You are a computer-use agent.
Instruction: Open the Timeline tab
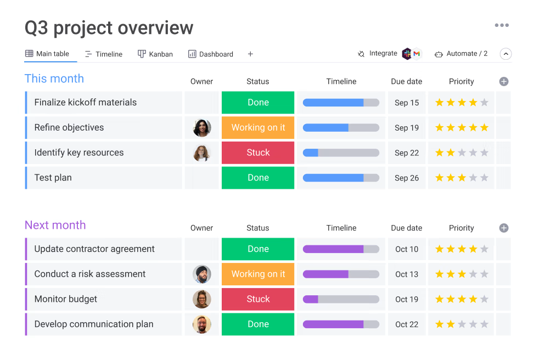tap(104, 54)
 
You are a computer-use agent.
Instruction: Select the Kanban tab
tap(155, 54)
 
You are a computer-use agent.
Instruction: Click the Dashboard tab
tap(211, 54)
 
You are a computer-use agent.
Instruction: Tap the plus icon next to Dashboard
tap(250, 54)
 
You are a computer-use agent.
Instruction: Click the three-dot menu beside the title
tap(502, 25)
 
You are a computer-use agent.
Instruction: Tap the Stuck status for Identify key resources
tap(258, 153)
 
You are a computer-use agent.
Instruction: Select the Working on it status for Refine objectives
tap(258, 127)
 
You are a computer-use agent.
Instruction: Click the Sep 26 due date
tap(407, 178)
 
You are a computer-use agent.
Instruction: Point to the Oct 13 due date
tap(407, 274)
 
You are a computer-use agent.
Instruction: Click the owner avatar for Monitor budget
tap(202, 299)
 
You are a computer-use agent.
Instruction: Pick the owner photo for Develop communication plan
tap(202, 324)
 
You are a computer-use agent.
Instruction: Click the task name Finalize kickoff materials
tap(86, 102)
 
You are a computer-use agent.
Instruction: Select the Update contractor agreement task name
tap(94, 249)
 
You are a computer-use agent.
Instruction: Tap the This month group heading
tap(54, 78)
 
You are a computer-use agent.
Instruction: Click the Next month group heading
tap(55, 225)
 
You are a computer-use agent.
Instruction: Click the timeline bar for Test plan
tap(341, 178)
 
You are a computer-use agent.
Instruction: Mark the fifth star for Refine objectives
tap(484, 127)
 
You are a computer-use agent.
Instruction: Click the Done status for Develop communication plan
tap(258, 324)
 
